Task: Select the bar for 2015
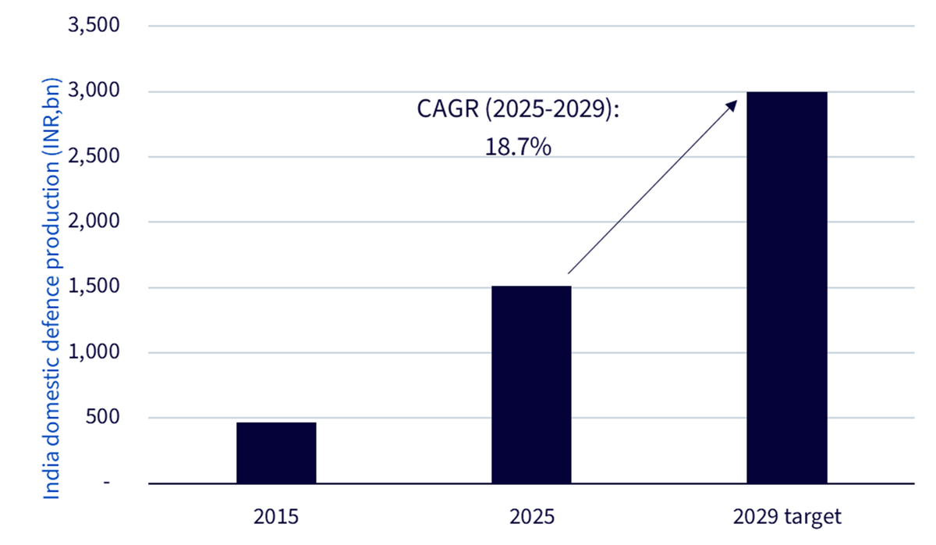[x=276, y=453]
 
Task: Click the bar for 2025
[x=531, y=385]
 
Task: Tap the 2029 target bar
[x=787, y=288]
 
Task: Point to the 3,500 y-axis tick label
[x=94, y=25]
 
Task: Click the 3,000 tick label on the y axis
[x=94, y=91]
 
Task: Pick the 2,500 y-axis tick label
[x=94, y=156]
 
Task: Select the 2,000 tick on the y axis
[x=94, y=221]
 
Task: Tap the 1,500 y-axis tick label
[x=94, y=286]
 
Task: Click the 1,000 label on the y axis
[x=94, y=352]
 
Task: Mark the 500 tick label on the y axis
[x=102, y=417]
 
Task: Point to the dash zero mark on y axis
[x=107, y=483]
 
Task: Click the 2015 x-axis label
[x=276, y=517]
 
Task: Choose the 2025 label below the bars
[x=531, y=517]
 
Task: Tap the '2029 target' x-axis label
[x=787, y=518]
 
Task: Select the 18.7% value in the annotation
[x=518, y=148]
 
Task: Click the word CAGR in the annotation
[x=448, y=109]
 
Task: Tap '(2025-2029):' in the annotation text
[x=552, y=109]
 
